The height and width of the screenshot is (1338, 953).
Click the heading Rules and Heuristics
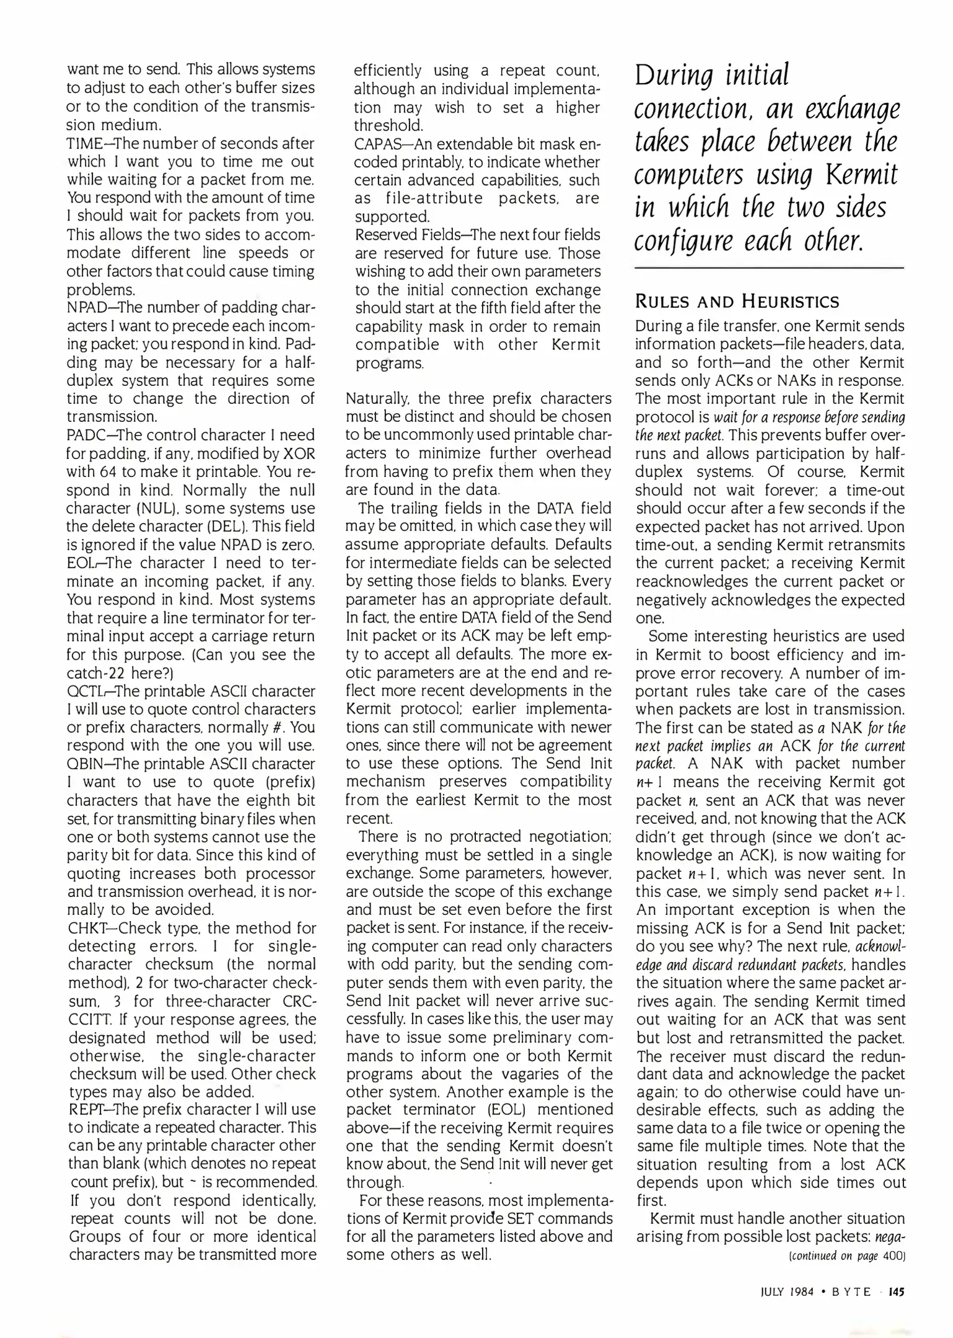click(x=737, y=302)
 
